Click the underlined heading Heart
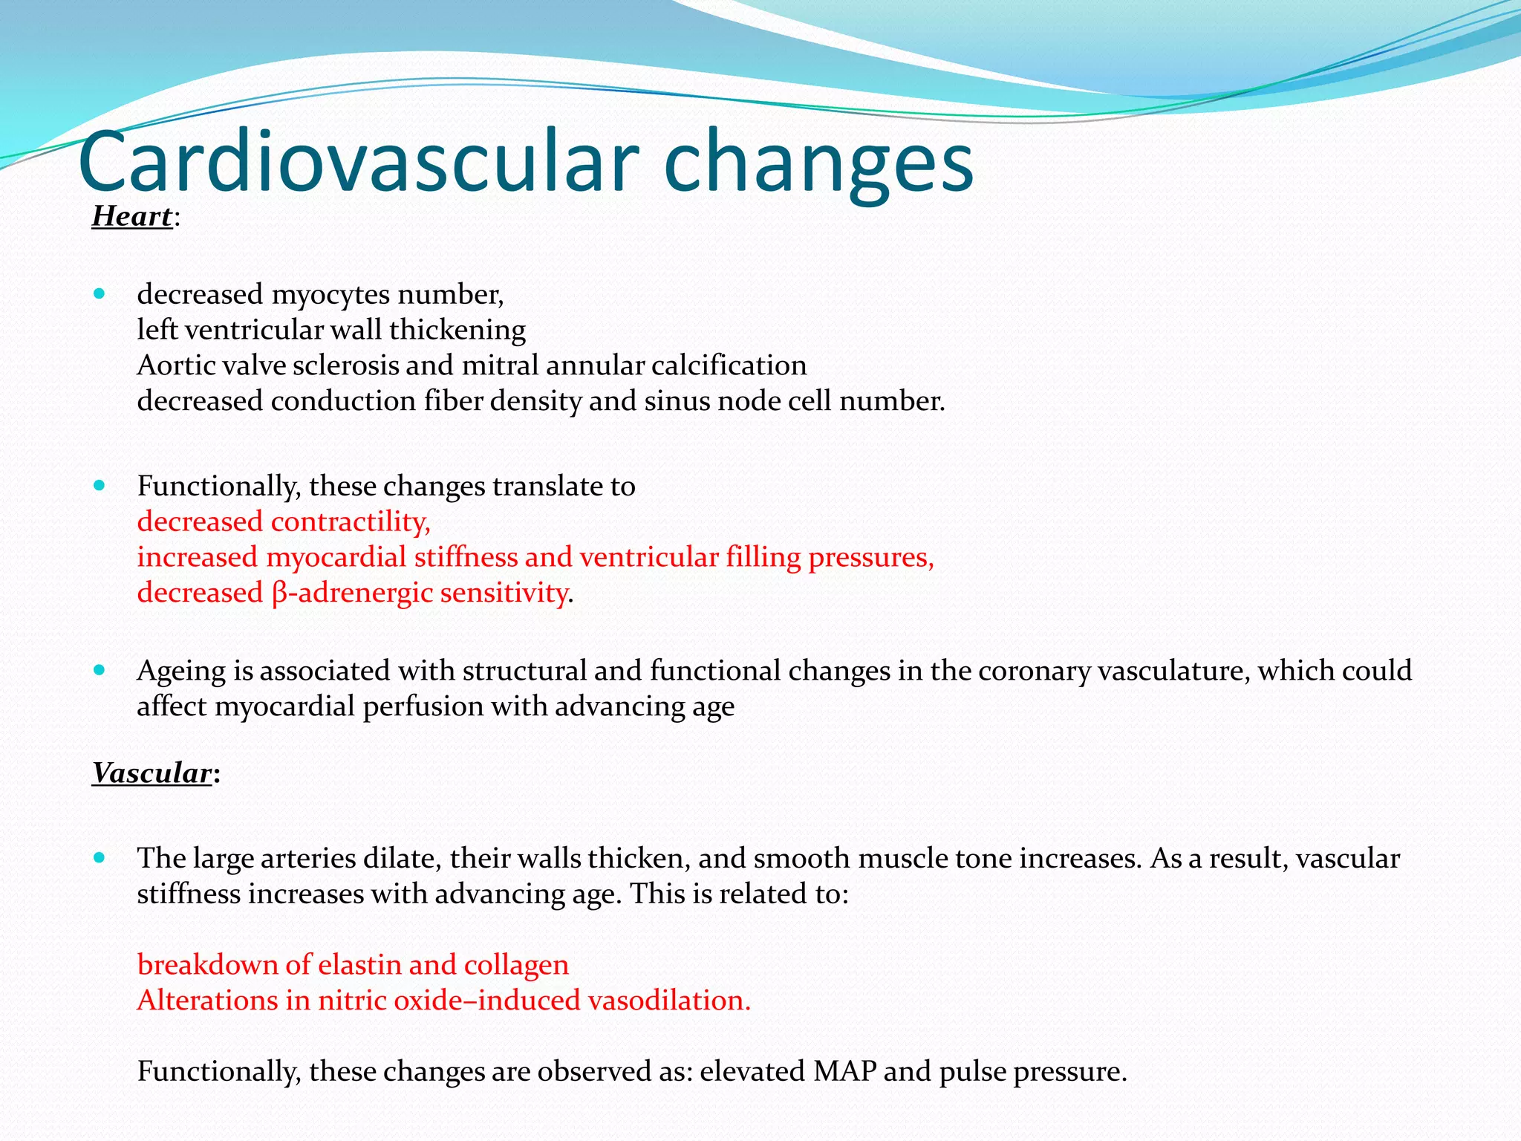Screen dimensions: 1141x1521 132,216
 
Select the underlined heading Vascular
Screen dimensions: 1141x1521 152,773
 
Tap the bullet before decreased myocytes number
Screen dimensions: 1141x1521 100,294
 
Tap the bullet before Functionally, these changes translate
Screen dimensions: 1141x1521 100,486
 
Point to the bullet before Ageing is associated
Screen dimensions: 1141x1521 100,670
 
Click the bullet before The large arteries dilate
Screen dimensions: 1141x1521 100,858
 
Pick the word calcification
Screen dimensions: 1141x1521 729,365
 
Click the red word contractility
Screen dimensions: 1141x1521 351,521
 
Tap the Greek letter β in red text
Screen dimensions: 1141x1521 279,594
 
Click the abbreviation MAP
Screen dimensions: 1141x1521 844,1072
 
